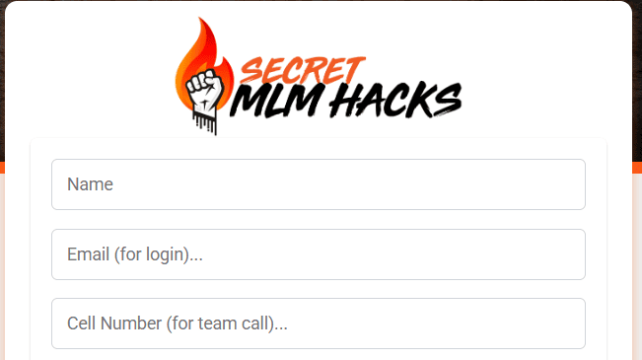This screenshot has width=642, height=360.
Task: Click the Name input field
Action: (x=318, y=184)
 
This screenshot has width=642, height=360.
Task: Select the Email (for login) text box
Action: (x=318, y=254)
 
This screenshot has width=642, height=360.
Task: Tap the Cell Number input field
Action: (x=318, y=324)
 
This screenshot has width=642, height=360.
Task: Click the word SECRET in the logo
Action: (x=302, y=69)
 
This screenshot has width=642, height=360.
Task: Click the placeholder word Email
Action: (x=88, y=254)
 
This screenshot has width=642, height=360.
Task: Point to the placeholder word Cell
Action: (x=81, y=324)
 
